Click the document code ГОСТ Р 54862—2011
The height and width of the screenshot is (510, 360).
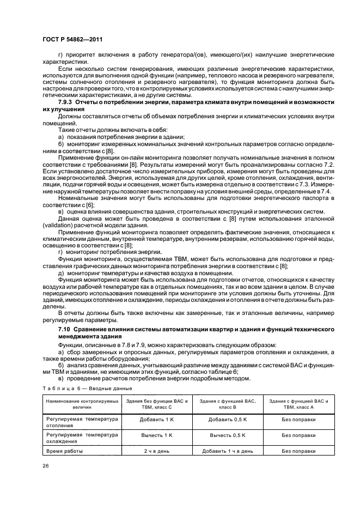tap(72, 40)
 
